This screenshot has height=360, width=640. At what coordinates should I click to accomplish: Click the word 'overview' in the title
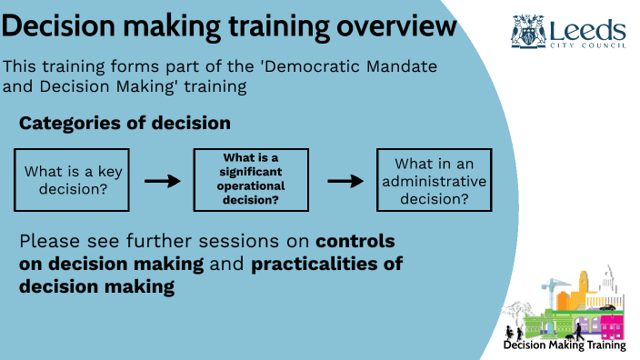click(x=396, y=26)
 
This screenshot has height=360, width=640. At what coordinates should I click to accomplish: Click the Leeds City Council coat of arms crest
click(x=528, y=30)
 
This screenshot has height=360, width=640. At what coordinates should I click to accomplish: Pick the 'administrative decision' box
click(x=434, y=180)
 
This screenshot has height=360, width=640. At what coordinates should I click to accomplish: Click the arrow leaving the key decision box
click(x=163, y=180)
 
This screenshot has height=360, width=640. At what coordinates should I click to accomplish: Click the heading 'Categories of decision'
click(x=124, y=123)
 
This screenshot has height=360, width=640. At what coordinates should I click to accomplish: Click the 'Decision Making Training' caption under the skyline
click(x=565, y=345)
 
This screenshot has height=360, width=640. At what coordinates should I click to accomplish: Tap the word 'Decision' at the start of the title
click(x=64, y=26)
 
